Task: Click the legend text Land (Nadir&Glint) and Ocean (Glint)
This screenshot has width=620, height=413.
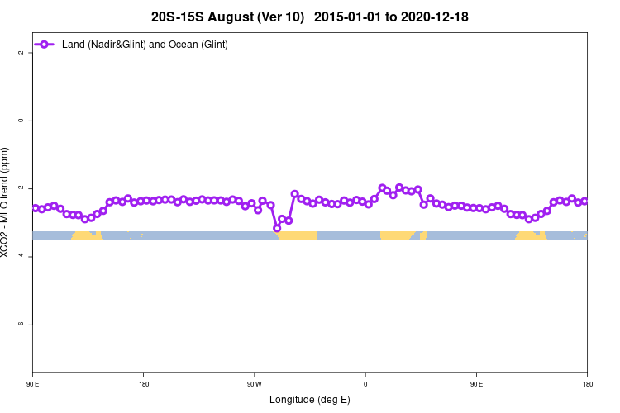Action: tap(145, 44)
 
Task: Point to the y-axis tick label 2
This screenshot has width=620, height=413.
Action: tap(21, 53)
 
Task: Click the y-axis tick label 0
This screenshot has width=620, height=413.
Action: tap(21, 121)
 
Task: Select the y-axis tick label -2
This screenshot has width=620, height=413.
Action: tap(21, 188)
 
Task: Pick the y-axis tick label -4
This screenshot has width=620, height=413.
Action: tap(21, 257)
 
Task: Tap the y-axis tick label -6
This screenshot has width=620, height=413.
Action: tap(21, 325)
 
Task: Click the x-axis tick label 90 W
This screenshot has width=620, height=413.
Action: tap(254, 384)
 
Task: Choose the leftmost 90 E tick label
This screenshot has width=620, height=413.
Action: tap(32, 384)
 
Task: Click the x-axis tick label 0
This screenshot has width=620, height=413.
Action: tap(365, 384)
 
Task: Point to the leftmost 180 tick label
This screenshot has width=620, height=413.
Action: tap(144, 384)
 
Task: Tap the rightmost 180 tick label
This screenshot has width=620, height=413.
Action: tap(587, 384)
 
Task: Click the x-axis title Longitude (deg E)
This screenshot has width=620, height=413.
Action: tap(310, 400)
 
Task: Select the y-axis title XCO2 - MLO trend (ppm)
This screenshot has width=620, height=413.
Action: tap(7, 202)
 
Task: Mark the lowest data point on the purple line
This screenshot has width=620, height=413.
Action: tap(277, 228)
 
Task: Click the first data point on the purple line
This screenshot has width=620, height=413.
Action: tap(36, 208)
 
